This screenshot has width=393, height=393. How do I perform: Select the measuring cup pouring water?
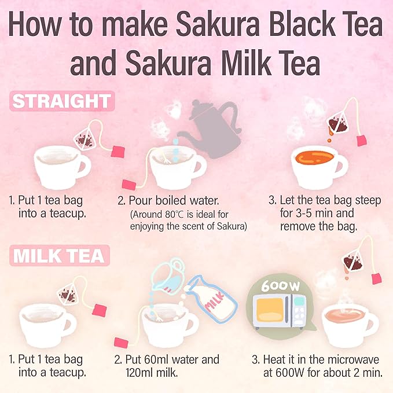[167, 276]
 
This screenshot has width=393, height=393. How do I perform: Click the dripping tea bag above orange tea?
[338, 121]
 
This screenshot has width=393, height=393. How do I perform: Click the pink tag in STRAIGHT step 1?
[119, 152]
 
